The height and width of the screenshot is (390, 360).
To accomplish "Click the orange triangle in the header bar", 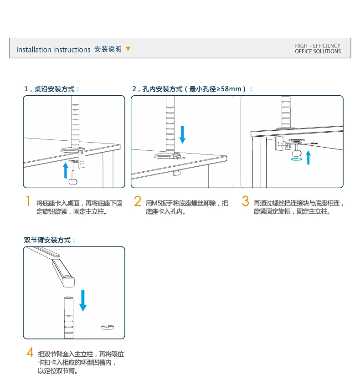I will [x=128, y=49].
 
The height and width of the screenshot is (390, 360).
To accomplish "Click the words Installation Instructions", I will [x=53, y=50].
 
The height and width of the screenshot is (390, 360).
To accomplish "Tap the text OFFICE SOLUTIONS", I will [x=318, y=51].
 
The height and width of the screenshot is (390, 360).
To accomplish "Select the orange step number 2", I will [x=138, y=201].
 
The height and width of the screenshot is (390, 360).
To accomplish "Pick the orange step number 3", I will [x=246, y=201].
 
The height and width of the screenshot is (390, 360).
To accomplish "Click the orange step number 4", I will [x=30, y=352].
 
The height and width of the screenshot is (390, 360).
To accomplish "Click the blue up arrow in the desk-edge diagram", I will [x=66, y=170].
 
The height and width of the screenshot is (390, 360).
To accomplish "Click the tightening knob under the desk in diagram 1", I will [x=73, y=182].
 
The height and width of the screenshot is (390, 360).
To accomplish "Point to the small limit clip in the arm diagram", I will [x=108, y=327].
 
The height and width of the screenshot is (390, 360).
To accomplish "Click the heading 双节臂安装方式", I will [x=50, y=240].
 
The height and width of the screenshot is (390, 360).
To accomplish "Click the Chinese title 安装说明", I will [x=108, y=49].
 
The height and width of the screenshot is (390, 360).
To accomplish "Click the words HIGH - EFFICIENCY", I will [x=318, y=46].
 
